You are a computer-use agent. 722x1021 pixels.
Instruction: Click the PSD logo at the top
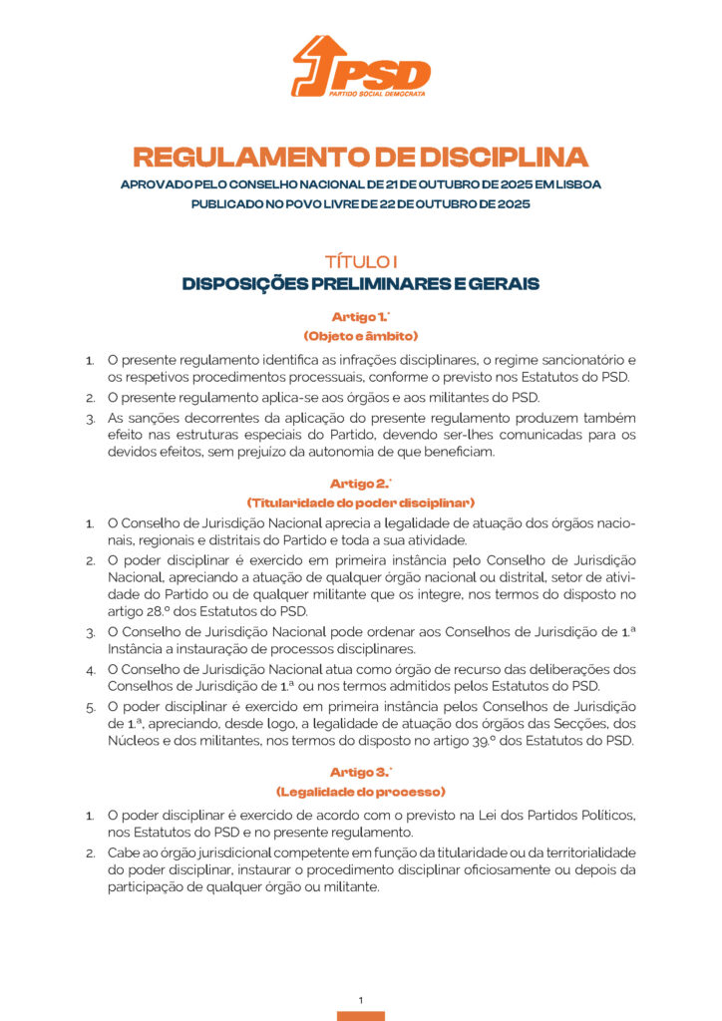point(360,67)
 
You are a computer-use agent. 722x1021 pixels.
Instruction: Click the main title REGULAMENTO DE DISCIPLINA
point(360,158)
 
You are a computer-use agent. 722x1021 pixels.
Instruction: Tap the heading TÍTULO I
point(360,261)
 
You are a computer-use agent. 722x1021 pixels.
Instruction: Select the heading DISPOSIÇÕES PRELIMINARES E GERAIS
point(360,284)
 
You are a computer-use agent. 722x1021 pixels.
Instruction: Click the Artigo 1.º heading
point(360,316)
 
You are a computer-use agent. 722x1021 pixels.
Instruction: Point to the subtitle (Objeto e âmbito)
point(360,336)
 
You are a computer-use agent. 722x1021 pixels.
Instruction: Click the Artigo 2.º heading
point(360,483)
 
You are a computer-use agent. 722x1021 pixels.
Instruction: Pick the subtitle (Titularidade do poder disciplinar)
point(360,502)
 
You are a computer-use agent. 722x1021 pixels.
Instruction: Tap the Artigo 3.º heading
point(360,771)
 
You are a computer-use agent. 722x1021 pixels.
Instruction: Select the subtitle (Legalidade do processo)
point(360,791)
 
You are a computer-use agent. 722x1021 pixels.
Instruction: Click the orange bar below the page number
point(360,1015)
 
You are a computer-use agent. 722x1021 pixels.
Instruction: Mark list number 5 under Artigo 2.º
point(90,707)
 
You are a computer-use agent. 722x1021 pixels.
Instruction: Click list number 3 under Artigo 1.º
point(90,418)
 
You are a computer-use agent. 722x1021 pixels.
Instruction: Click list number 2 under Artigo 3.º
point(90,853)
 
